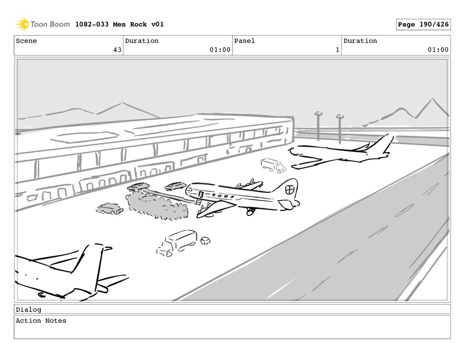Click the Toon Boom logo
click(43, 24)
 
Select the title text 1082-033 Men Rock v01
click(119, 25)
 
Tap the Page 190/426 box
click(423, 25)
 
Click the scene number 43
click(117, 50)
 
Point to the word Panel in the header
click(244, 41)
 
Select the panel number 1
click(337, 50)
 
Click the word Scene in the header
click(26, 41)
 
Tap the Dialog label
click(28, 310)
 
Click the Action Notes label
click(41, 321)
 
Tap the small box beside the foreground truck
click(205, 240)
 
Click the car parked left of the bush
click(109, 209)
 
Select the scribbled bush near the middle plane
click(157, 206)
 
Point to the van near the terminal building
click(273, 165)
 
